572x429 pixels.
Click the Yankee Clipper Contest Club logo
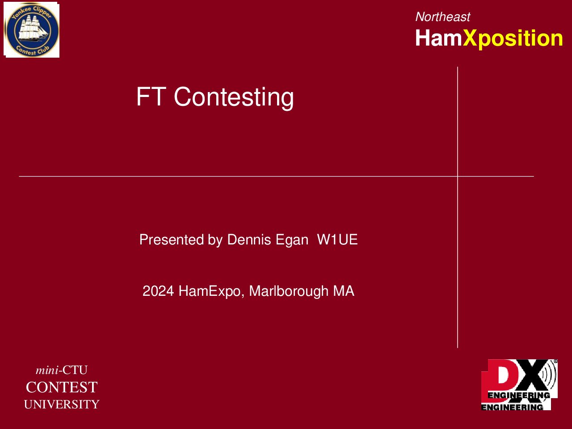[31, 29]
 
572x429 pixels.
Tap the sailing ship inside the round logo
[33, 29]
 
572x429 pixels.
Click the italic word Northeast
[442, 17]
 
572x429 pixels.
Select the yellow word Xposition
[513, 39]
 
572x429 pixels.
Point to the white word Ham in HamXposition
[438, 38]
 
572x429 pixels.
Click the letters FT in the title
[151, 97]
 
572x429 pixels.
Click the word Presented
[172, 240]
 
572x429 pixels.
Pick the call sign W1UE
[337, 240]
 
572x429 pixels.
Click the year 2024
[158, 291]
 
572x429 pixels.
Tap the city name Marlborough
[289, 292]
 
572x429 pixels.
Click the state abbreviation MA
[344, 291]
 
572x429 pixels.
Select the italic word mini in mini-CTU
[47, 370]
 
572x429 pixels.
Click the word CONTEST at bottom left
[62, 387]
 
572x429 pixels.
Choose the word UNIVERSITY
[62, 404]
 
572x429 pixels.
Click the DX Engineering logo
[519, 385]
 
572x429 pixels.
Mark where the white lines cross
[458, 177]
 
